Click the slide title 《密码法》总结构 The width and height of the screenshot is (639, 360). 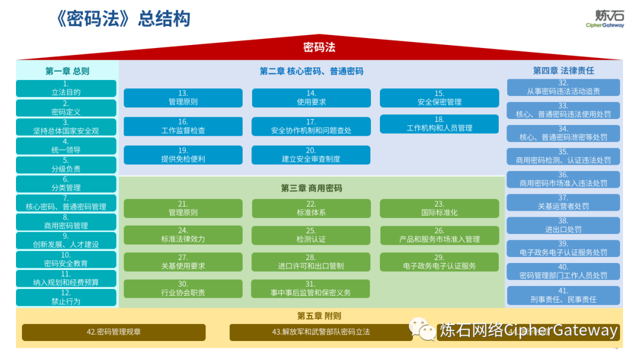pos(121,19)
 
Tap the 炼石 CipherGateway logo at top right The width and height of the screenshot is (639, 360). pos(604,18)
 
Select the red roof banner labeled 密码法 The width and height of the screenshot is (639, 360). pos(319,47)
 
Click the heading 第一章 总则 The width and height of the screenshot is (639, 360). pos(67,71)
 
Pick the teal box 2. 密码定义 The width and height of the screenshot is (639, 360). pos(66,108)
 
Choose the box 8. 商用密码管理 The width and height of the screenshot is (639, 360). pos(66,221)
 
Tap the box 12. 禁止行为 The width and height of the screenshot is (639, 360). pos(66,297)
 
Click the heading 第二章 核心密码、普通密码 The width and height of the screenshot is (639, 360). pos(311,71)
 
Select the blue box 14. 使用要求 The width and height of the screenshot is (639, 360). pos(311,98)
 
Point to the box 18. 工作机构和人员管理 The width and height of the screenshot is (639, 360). pos(439,124)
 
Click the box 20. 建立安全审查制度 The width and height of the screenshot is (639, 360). pos(311,155)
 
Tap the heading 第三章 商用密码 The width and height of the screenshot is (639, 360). pos(311,188)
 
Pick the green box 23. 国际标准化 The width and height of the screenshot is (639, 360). pos(439,208)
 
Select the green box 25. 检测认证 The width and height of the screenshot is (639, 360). pos(311,235)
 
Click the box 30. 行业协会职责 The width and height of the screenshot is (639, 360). pos(183,289)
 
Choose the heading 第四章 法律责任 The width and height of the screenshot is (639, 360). pos(563,71)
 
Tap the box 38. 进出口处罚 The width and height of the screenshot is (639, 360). pos(563,226)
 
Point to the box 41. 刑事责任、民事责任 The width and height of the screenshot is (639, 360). pos(563,295)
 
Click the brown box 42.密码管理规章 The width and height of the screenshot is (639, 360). pos(114,332)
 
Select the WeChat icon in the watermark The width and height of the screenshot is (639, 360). pos(421,329)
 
